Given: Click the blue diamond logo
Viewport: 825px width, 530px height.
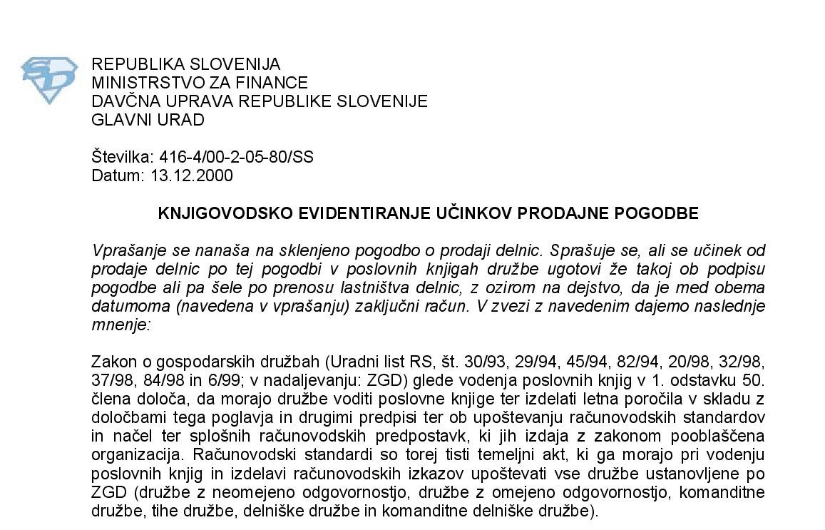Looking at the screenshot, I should coord(49,79).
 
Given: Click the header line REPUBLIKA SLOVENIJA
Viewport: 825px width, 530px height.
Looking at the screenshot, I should coord(185,64).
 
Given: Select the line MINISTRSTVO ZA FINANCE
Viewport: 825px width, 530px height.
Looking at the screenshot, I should coord(200,83).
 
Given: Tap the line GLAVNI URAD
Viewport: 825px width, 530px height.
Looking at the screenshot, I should coord(148,120).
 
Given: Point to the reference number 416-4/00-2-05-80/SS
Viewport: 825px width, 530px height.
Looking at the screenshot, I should coord(233,158).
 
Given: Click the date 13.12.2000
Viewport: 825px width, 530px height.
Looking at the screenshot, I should coord(192,175).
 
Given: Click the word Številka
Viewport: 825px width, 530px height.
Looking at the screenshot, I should coord(119,158).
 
